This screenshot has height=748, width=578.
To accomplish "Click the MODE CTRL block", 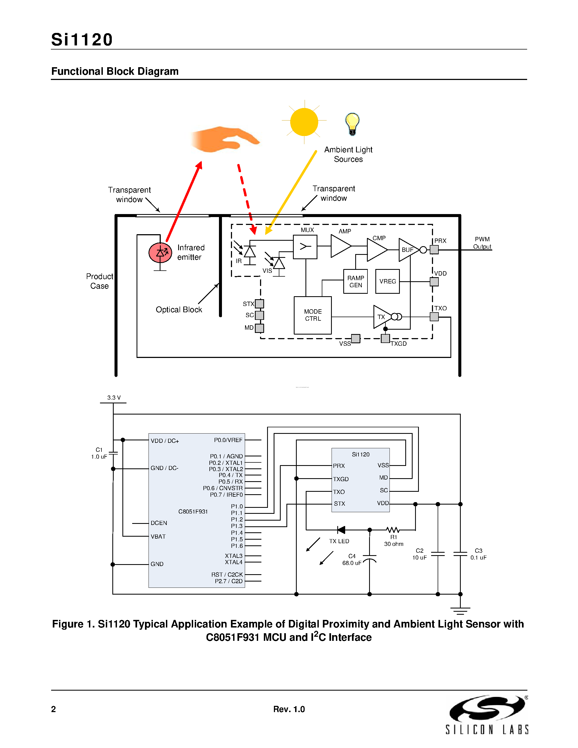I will click(312, 315).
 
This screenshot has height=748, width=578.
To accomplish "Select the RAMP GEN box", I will click(356, 281).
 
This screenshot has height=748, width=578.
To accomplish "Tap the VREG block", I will click(387, 281).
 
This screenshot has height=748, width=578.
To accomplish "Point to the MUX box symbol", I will click(305, 247).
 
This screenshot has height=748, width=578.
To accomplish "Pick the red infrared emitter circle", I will click(160, 253).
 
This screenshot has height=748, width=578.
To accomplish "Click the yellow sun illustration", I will click(304, 122).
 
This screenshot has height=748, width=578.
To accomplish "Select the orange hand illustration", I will click(224, 139).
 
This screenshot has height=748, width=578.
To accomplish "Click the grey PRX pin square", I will click(434, 250).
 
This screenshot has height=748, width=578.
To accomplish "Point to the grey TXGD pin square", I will click(385, 338).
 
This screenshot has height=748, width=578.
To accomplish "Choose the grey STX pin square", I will click(259, 304).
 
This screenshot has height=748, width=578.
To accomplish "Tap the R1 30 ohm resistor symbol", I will click(392, 530).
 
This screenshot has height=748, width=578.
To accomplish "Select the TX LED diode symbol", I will click(341, 530).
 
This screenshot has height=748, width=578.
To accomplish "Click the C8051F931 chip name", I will click(193, 511).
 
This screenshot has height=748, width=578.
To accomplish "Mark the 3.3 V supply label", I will click(114, 398).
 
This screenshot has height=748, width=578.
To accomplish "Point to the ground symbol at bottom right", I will click(460, 610).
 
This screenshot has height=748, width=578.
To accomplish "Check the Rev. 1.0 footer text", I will click(289, 709).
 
